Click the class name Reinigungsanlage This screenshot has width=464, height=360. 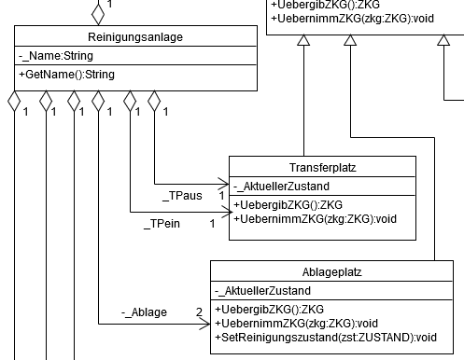(135, 37)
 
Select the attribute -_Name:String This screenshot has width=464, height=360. (56, 56)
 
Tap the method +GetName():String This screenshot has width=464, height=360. (67, 75)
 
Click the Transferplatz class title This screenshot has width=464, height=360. (323, 168)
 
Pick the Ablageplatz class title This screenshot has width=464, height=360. (332, 272)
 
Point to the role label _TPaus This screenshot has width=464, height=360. (182, 196)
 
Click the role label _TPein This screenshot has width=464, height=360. (162, 224)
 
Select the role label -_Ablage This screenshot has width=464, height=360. (144, 312)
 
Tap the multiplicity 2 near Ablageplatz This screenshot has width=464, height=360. (199, 312)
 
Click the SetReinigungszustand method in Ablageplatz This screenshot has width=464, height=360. (326, 338)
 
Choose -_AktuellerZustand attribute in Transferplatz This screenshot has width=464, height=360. (281, 187)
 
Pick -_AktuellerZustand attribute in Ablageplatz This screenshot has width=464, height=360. (262, 291)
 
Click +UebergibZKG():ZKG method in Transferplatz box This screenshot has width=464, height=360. (288, 205)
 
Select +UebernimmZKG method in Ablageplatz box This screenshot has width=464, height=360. (296, 324)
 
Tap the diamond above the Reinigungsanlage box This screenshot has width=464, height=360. (98, 14)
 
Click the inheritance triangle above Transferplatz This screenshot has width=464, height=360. (303, 40)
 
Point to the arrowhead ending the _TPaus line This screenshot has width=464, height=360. (224, 184)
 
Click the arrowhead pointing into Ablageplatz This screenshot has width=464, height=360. (205, 325)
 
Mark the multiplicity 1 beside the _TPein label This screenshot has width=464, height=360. (212, 224)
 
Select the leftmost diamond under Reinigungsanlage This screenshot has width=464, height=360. (14, 101)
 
